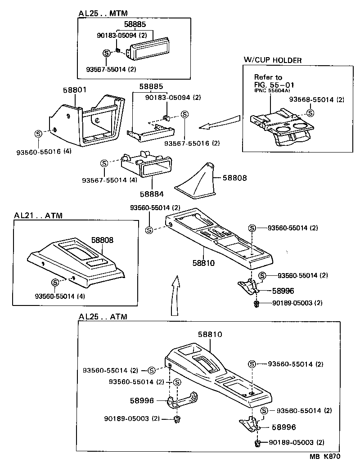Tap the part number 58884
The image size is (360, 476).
pyautogui.click(x=152, y=194)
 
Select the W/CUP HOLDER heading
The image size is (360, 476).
pyautogui.click(x=272, y=60)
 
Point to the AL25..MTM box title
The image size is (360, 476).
pyautogui.click(x=103, y=13)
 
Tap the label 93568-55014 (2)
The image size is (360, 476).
pyautogui.click(x=316, y=99)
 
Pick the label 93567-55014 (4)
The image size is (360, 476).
pyautogui.click(x=109, y=180)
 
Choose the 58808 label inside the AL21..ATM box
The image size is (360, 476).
pyautogui.click(x=103, y=240)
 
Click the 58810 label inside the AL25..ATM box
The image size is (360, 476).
pyautogui.click(x=210, y=335)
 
